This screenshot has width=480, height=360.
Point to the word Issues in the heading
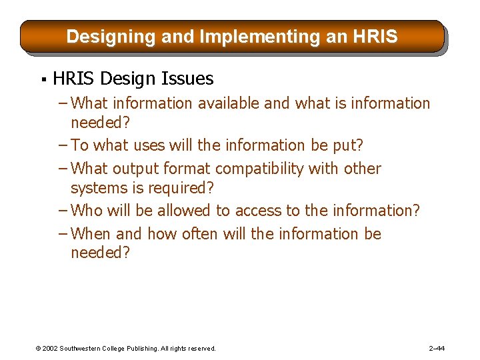click(x=187, y=79)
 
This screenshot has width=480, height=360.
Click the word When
click(x=91, y=234)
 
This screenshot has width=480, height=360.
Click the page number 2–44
click(x=437, y=349)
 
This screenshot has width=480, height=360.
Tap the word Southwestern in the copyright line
click(x=83, y=349)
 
